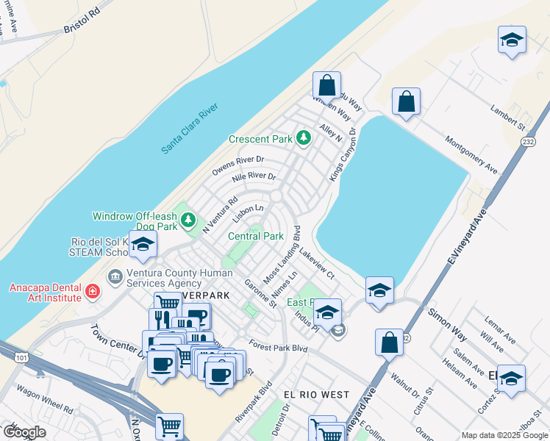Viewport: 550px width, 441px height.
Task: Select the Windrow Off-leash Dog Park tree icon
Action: tap(189, 218)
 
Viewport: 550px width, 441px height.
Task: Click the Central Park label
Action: tap(256, 237)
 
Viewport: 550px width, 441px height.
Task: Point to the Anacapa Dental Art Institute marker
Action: tap(91, 293)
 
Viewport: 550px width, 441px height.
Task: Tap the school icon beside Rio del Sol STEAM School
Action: tap(143, 245)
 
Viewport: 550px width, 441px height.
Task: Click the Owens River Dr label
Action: tap(238, 165)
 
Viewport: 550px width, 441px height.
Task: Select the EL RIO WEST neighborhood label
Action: tap(316, 395)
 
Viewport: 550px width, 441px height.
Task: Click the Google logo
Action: tap(24, 432)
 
